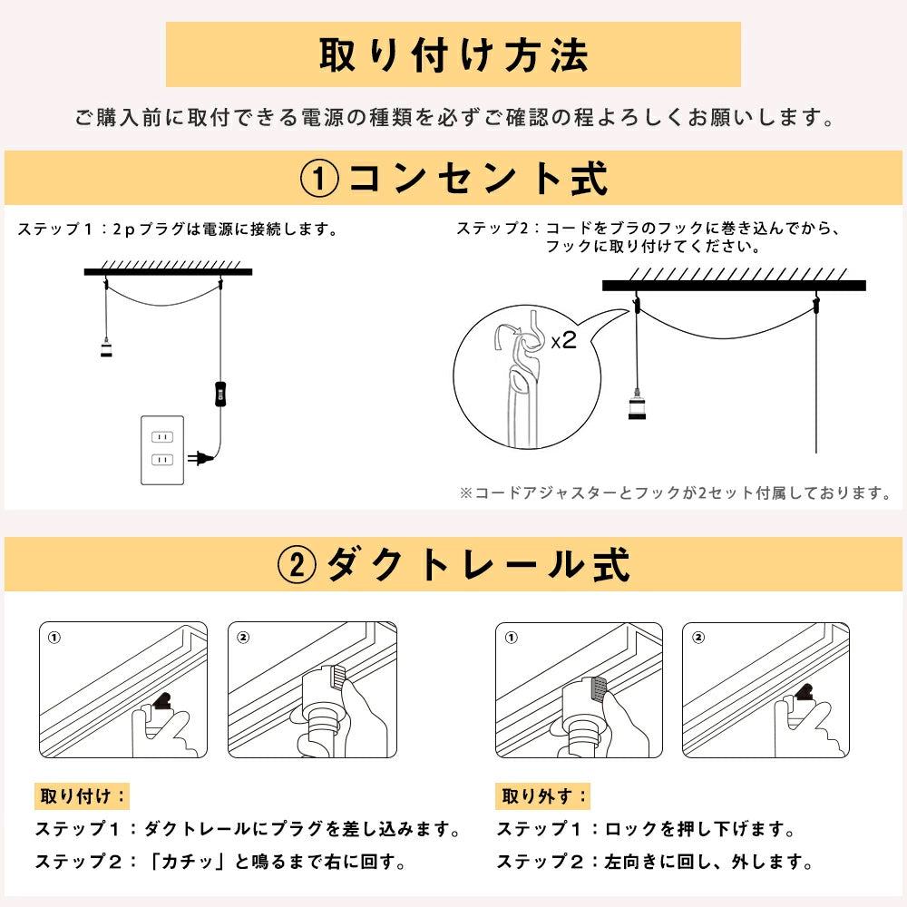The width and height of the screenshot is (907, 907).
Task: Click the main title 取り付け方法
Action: (453, 55)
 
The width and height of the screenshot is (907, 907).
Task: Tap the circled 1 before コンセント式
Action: (319, 179)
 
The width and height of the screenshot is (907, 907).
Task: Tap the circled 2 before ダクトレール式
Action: (297, 564)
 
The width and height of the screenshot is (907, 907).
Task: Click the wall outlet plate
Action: (162, 450)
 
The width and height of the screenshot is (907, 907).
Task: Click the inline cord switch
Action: (219, 394)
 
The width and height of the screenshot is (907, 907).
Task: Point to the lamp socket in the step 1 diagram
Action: (106, 347)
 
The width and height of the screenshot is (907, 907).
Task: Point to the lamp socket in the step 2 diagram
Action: (637, 405)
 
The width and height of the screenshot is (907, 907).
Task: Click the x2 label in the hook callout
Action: (563, 340)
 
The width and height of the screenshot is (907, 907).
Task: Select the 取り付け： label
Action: (83, 796)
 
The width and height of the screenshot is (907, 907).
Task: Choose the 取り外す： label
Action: (542, 796)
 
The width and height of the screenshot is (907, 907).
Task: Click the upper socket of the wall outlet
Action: (162, 437)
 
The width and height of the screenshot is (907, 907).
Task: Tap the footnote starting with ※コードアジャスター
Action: (675, 493)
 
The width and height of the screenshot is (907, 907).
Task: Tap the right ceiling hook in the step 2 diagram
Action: (816, 303)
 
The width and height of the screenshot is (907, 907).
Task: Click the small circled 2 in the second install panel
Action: (243, 637)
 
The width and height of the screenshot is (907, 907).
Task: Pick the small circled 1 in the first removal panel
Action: (512, 638)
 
